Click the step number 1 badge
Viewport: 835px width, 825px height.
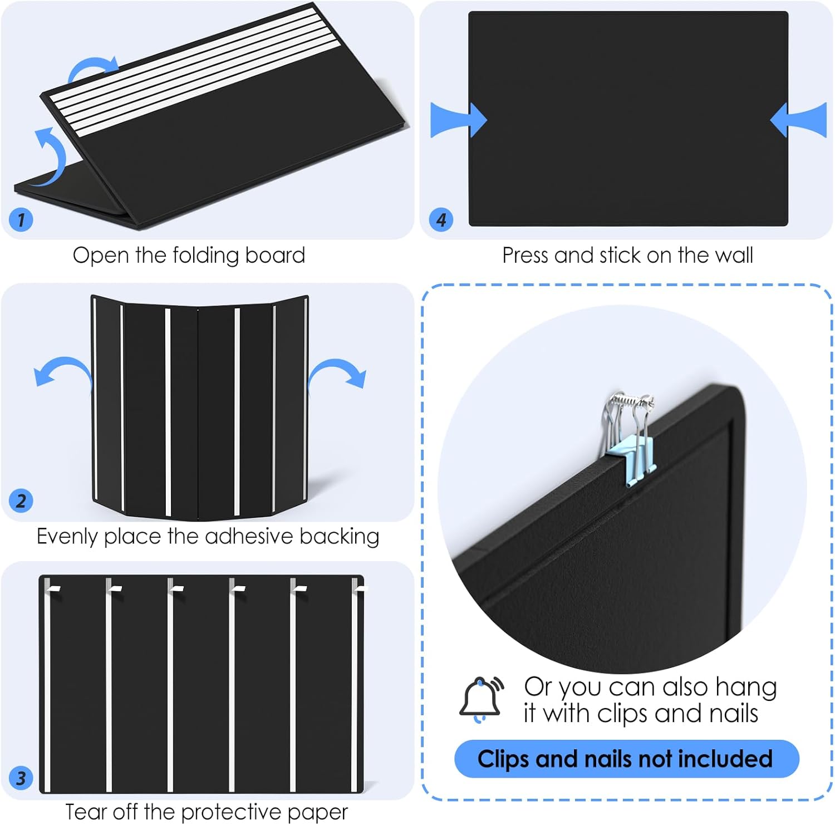click(x=21, y=219)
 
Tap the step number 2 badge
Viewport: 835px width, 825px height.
click(x=21, y=500)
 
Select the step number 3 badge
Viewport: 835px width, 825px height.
click(x=21, y=778)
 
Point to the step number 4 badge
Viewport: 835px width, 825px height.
click(x=441, y=219)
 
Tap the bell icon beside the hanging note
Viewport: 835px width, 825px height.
click(x=480, y=699)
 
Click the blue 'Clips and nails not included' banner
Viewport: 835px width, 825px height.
click(x=626, y=759)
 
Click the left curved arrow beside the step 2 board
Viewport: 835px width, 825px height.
click(x=62, y=370)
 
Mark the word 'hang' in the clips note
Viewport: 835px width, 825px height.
click(x=746, y=687)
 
